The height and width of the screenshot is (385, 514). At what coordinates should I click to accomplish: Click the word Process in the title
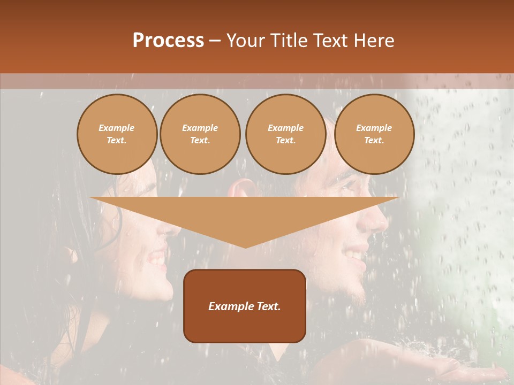click(x=168, y=41)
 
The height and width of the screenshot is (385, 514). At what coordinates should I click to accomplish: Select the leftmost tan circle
click(x=117, y=134)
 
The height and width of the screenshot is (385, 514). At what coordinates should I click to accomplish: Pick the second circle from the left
click(x=200, y=134)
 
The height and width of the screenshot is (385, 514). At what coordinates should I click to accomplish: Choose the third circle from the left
click(x=286, y=134)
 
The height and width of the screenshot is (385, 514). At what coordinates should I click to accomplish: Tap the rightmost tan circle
click(x=374, y=134)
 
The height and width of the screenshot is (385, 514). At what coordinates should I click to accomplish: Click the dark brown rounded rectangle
click(x=245, y=306)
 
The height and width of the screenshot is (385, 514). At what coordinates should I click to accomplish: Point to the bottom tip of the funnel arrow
click(x=245, y=247)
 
